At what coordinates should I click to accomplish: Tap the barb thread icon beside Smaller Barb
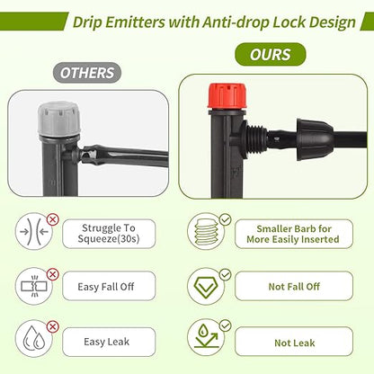208,231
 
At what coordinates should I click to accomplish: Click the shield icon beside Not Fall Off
208,288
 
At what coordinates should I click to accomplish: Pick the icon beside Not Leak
208,342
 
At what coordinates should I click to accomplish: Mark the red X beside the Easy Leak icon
52,327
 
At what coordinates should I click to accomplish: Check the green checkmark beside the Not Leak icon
226,325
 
